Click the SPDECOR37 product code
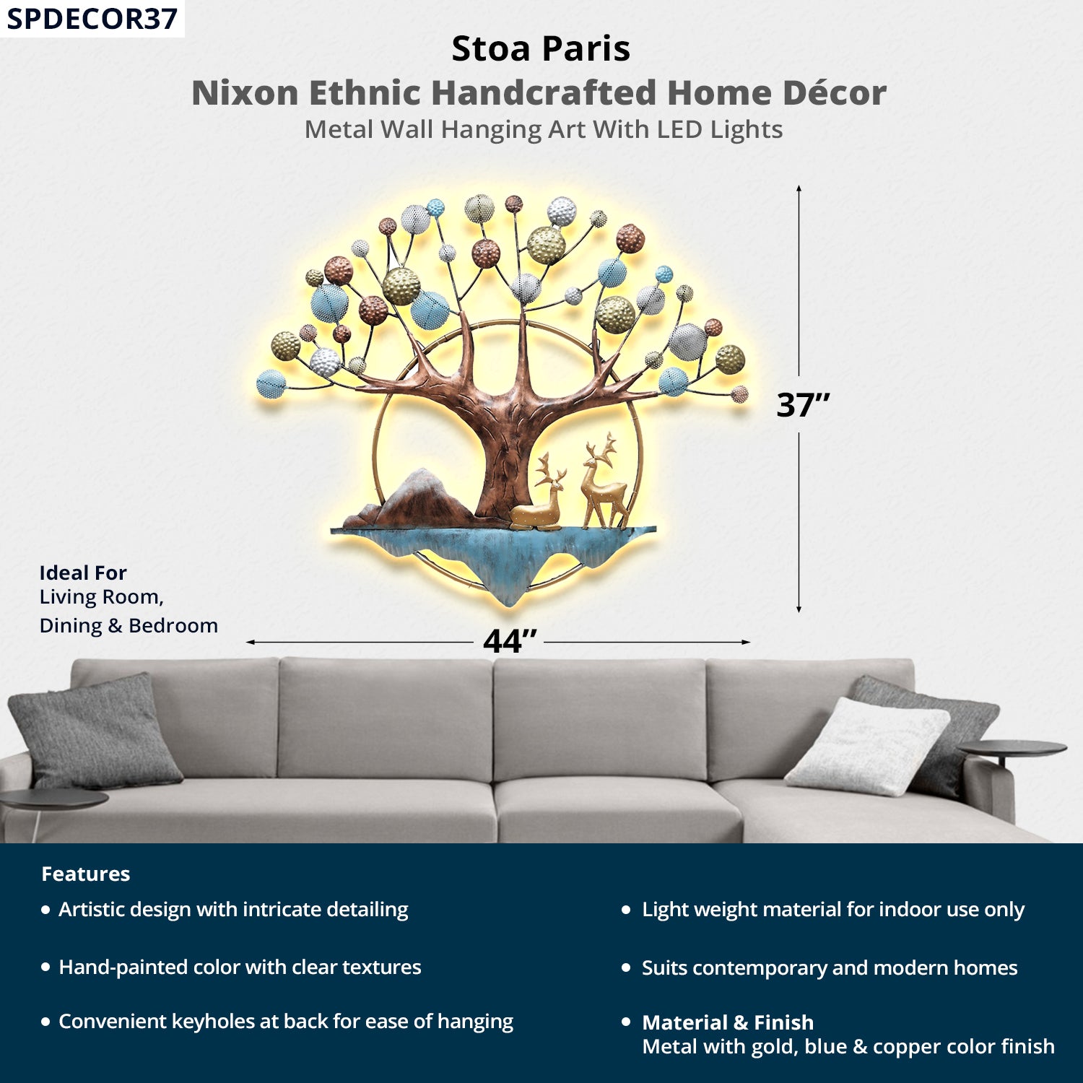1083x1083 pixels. [x=92, y=19]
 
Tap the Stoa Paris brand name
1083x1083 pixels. [x=541, y=49]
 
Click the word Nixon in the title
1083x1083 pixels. [x=245, y=93]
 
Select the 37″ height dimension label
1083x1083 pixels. [x=802, y=405]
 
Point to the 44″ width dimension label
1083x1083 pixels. [x=510, y=641]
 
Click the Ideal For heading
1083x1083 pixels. [x=83, y=573]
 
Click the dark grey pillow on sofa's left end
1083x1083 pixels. [x=94, y=733]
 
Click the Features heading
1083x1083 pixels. [x=85, y=874]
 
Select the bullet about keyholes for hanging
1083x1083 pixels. [x=285, y=1022]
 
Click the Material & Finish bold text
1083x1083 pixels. [x=728, y=1022]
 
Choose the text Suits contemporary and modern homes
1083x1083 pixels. [x=830, y=968]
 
